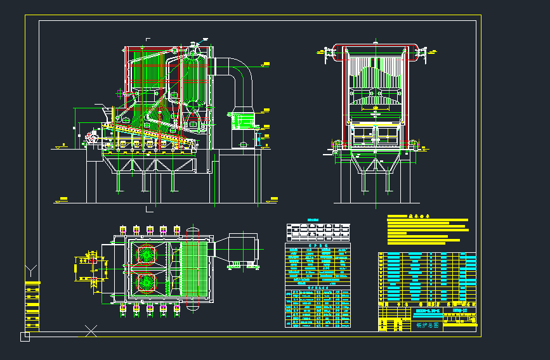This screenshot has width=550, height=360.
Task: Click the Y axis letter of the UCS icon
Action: (x=30, y=271)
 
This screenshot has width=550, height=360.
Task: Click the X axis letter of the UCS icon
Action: (x=91, y=330)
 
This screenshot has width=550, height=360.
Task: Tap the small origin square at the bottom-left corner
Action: (x=25, y=337)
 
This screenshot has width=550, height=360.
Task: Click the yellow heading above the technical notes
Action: (x=419, y=215)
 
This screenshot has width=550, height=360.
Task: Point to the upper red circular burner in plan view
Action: (x=147, y=254)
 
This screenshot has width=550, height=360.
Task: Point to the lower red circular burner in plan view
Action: (x=147, y=281)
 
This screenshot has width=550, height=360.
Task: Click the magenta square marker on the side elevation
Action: (x=120, y=93)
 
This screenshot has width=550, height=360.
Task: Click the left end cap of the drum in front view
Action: (x=331, y=53)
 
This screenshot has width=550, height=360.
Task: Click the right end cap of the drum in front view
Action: (x=418, y=53)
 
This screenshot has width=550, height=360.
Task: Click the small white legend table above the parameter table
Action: (x=318, y=231)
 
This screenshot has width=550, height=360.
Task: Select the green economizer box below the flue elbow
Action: (x=242, y=120)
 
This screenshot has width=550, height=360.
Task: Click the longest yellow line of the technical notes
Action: (x=427, y=220)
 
